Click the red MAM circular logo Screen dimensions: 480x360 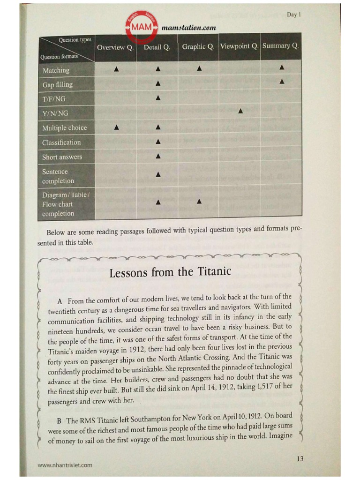point(142,28)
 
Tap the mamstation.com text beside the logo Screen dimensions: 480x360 point(188,28)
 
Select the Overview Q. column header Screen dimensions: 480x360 point(115,47)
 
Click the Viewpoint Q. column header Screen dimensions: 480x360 point(239,46)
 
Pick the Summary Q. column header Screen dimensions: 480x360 point(281,46)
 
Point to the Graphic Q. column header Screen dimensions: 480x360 point(198,46)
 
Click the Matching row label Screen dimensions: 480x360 point(56,70)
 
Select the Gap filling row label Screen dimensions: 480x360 point(58,85)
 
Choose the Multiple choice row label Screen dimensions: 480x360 point(65,128)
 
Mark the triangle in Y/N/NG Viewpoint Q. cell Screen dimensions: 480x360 point(240,111)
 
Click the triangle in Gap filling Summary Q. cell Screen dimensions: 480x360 point(282,82)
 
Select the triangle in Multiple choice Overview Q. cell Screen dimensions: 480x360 point(116,127)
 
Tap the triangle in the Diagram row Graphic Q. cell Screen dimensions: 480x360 point(199,202)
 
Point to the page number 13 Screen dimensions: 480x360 point(300,458)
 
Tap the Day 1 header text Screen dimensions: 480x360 point(293,15)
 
